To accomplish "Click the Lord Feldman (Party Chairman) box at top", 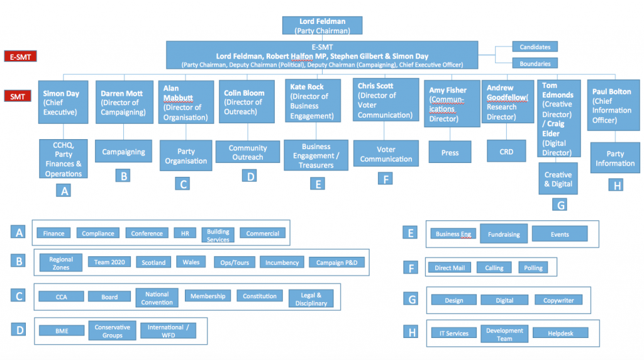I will coord(322,26).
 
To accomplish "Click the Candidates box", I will coord(535,47).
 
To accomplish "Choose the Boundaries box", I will coord(535,64).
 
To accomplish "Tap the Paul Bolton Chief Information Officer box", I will coord(612,104).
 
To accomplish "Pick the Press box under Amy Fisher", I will coord(450,152).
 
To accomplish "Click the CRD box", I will coord(506,151).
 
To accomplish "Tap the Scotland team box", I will coord(153,262).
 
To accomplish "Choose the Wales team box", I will coord(191,262).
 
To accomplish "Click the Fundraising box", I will coord(504,234).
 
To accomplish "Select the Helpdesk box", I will coord(560,333).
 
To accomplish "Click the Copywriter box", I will coord(558,300).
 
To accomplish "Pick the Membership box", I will coord(208,296).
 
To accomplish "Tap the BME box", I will coord(62,329).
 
